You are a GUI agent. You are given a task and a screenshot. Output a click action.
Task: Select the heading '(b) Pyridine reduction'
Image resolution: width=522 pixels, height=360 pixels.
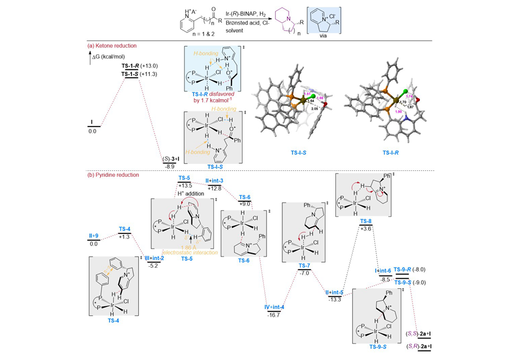[x=113, y=174]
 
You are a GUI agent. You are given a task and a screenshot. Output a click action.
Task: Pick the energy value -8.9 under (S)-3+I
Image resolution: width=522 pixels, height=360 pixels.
[x=170, y=166]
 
